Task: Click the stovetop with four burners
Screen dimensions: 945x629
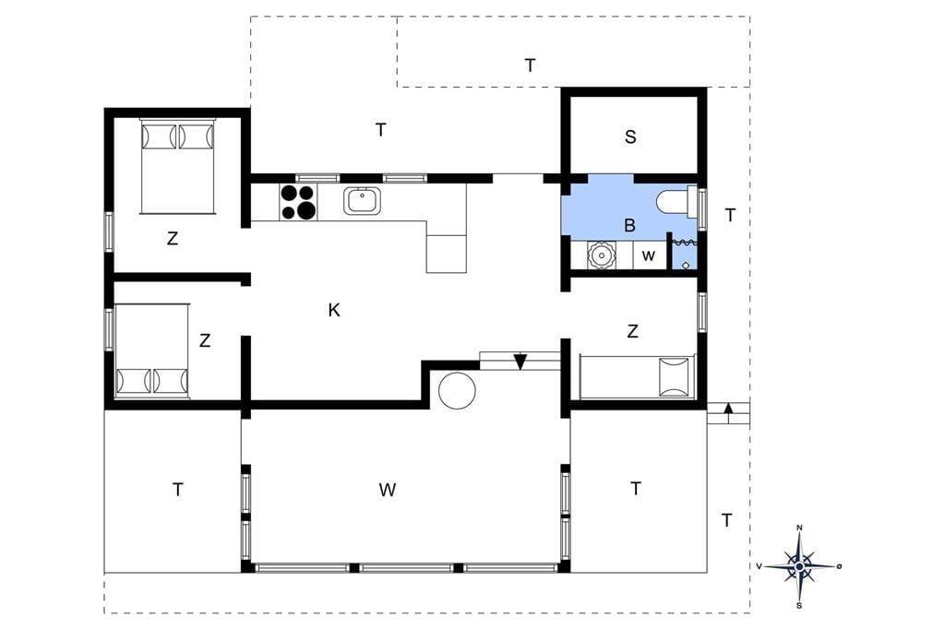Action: coord(298,201)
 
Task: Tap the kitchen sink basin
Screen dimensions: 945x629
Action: coord(362,201)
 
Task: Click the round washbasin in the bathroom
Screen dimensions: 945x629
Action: coord(601,255)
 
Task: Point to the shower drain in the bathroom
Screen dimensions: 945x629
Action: coord(686,265)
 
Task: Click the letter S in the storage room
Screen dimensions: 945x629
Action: coord(630,136)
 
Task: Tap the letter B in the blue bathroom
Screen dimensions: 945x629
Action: coord(629,225)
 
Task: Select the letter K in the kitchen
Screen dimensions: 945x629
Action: coord(334,310)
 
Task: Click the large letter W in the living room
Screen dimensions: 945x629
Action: coord(388,489)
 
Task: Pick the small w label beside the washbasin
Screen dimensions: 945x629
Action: coord(649,255)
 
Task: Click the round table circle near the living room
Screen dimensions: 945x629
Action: coord(457,390)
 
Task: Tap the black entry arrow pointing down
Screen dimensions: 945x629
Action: coord(520,361)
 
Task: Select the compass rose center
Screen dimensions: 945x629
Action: coord(799,566)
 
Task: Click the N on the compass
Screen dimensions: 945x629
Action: coord(800,528)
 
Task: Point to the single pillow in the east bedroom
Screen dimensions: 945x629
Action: coord(674,376)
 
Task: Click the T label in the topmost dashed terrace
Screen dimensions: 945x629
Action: coord(530,65)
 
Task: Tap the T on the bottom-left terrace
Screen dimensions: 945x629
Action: coord(177,489)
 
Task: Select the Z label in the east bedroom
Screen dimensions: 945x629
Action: coord(632,331)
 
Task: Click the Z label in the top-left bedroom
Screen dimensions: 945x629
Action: coord(173,238)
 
